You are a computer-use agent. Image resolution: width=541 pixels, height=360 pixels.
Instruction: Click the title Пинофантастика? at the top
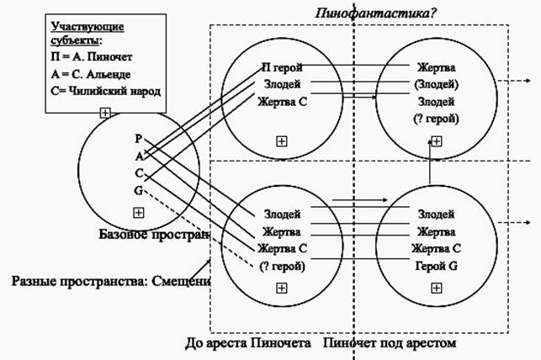369,13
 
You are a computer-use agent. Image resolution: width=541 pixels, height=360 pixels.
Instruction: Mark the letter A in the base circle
138,155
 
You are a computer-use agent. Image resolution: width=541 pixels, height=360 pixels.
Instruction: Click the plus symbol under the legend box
103,112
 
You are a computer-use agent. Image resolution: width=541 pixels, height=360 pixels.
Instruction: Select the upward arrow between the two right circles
431,168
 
